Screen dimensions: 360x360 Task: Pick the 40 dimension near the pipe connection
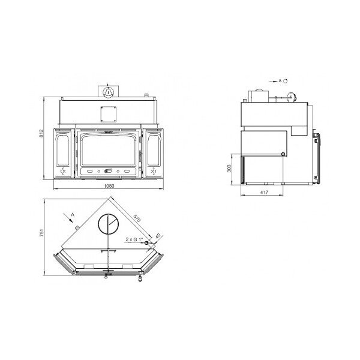[x=158, y=236]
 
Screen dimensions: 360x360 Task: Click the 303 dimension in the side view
[x=230, y=169]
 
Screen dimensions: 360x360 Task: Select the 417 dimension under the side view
[x=263, y=192]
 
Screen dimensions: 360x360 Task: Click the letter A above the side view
[x=280, y=79]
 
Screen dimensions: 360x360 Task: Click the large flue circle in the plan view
[x=109, y=226]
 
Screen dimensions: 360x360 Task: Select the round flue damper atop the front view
[x=109, y=92]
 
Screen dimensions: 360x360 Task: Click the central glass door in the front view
[x=109, y=150]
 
